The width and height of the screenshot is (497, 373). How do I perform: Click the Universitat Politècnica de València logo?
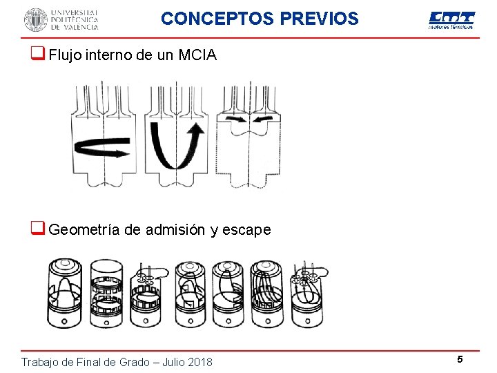click(61, 19)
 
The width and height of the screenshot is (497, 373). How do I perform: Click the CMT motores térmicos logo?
click(451, 20)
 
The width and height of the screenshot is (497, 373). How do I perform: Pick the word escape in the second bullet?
click(246, 230)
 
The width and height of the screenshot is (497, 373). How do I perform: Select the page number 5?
click(459, 359)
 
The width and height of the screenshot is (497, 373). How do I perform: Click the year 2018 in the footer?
click(199, 362)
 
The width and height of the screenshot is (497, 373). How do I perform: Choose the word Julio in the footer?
click(165, 362)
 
